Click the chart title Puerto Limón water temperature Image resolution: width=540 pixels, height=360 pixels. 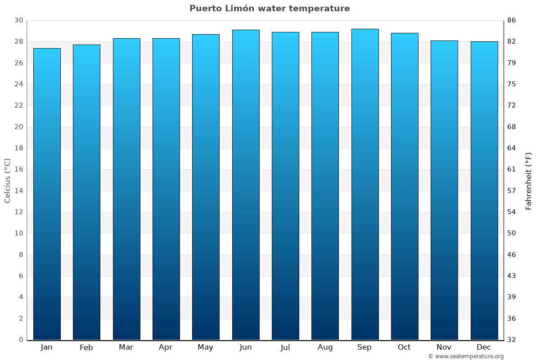[x=270, y=9]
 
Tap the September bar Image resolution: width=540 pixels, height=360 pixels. [x=365, y=184]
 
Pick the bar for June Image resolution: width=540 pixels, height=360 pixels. [x=246, y=184]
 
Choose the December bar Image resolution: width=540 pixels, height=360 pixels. [x=484, y=190]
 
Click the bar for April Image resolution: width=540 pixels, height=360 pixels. [x=166, y=189]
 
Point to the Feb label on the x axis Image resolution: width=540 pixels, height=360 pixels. [x=86, y=347]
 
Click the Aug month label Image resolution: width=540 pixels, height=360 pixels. [x=325, y=347]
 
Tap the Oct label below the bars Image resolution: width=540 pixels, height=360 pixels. [x=404, y=347]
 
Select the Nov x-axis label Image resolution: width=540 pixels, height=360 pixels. [x=444, y=347]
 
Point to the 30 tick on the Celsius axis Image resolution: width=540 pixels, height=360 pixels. [x=18, y=21]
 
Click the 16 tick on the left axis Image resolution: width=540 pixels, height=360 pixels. [x=18, y=170]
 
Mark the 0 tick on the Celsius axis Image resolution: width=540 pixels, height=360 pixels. [x=21, y=340]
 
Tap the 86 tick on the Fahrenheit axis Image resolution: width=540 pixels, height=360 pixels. [x=512, y=21]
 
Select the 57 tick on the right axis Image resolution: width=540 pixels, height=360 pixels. [x=512, y=191]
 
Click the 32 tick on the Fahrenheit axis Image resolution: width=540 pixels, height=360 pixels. [x=512, y=340]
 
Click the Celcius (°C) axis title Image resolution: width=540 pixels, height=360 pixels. [x=8, y=180]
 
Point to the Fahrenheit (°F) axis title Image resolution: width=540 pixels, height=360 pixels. [x=529, y=180]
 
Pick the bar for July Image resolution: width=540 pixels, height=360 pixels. [x=285, y=185]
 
